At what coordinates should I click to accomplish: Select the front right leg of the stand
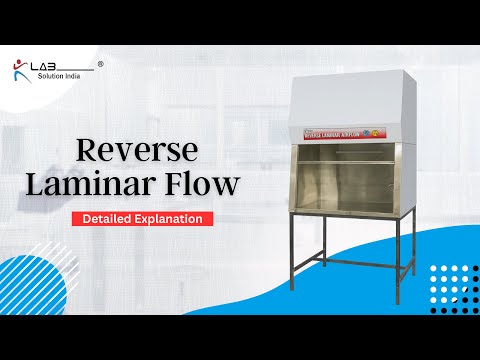pos(404,255)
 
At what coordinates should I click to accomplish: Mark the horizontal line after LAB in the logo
pos(78,70)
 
